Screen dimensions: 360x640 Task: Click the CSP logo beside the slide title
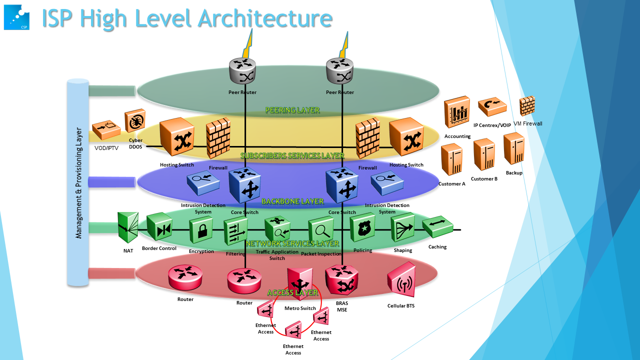point(16,17)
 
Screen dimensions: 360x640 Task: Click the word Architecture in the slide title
point(265,18)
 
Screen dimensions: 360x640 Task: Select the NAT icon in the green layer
point(127,228)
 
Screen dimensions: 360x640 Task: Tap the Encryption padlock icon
point(201,230)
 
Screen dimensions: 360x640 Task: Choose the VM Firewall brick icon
point(527,106)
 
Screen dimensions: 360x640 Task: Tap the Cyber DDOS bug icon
point(135,120)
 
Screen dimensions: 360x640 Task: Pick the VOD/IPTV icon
point(106,129)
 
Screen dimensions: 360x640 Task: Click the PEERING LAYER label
point(292,110)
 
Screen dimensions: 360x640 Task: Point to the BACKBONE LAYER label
point(292,201)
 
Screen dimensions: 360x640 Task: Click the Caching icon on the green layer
point(437,227)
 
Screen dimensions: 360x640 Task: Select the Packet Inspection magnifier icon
point(320,230)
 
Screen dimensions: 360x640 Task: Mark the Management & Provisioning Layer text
point(78,182)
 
